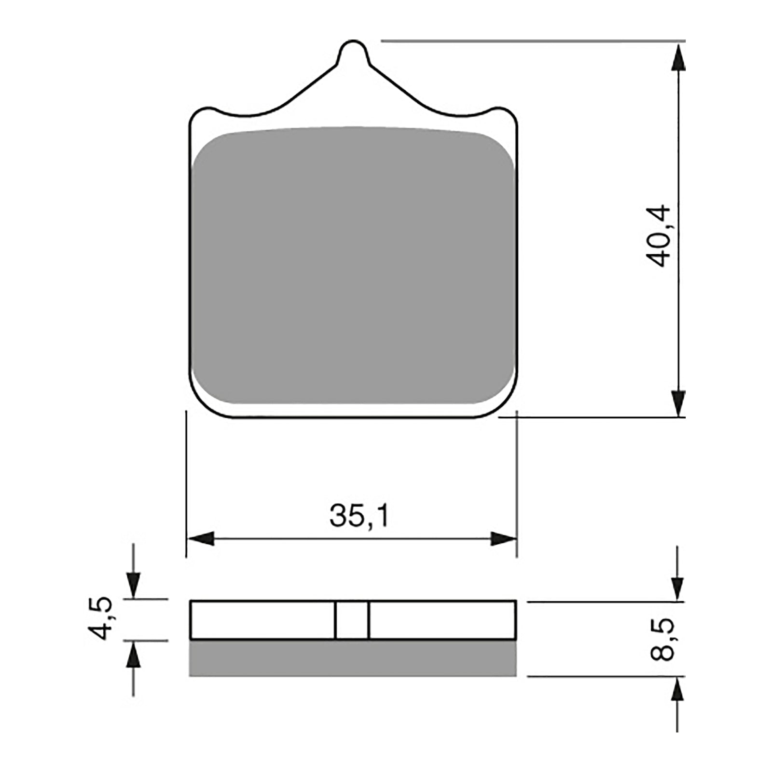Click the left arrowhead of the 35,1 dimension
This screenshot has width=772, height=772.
click(x=201, y=538)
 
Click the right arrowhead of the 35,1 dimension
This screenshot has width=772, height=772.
click(x=503, y=538)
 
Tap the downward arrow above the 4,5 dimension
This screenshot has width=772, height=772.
click(x=133, y=585)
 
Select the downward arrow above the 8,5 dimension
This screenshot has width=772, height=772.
click(x=678, y=588)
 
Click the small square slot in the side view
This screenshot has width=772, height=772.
click(x=352, y=620)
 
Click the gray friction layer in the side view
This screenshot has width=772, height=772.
click(x=353, y=659)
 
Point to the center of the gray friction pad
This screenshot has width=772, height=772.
click(x=353, y=265)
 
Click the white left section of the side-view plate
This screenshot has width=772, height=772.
click(x=263, y=620)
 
